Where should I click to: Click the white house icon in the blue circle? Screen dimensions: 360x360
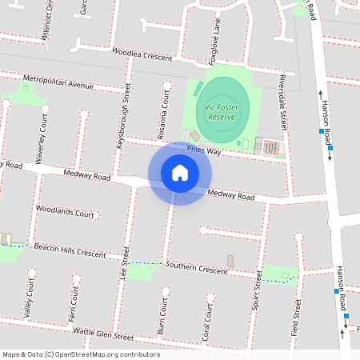pyautogui.click(x=180, y=173)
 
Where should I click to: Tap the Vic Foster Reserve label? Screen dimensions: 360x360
pyautogui.click(x=220, y=111)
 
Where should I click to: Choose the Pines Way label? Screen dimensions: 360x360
pyautogui.click(x=203, y=150)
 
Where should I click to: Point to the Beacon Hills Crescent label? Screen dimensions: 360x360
pyautogui.click(x=70, y=250)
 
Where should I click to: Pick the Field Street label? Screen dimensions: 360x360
pyautogui.click(x=298, y=318)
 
